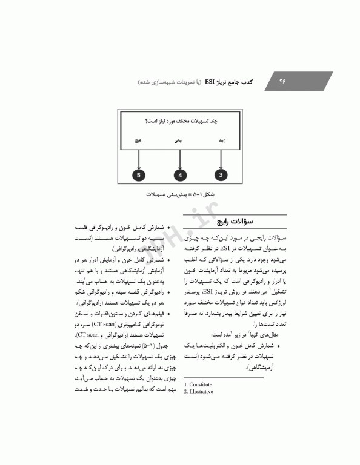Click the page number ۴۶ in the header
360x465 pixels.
click(x=282, y=81)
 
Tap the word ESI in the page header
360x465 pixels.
click(x=213, y=81)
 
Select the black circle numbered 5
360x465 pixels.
click(x=139, y=175)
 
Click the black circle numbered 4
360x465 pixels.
click(x=180, y=175)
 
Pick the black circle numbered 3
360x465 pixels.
click(x=222, y=175)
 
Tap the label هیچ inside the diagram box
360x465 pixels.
click(x=139, y=140)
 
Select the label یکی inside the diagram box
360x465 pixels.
click(x=179, y=140)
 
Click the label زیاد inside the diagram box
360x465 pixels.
click(x=222, y=140)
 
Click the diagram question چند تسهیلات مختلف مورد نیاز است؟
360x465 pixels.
click(x=180, y=122)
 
